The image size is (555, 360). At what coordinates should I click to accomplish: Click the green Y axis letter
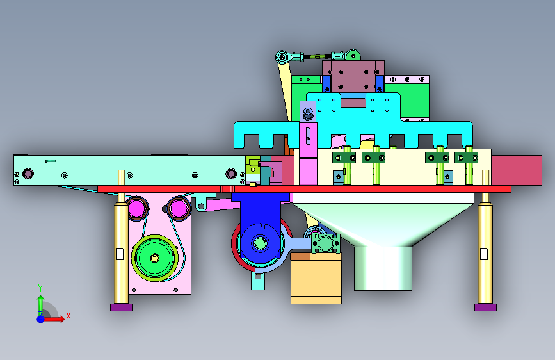(x=40, y=288)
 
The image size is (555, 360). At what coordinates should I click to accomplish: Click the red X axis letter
(x=68, y=316)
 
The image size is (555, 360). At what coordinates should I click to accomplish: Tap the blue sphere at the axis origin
(x=41, y=319)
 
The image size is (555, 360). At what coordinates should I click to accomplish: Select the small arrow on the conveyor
(x=51, y=161)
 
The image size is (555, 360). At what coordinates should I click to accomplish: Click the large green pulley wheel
(x=155, y=258)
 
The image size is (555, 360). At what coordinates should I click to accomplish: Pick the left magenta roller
(x=136, y=208)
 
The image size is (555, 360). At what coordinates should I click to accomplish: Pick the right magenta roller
(x=179, y=208)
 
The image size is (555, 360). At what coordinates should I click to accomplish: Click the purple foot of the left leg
(x=121, y=307)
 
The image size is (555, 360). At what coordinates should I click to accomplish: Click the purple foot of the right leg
(x=485, y=307)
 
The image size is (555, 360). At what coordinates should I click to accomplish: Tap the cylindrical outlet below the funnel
(x=383, y=268)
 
